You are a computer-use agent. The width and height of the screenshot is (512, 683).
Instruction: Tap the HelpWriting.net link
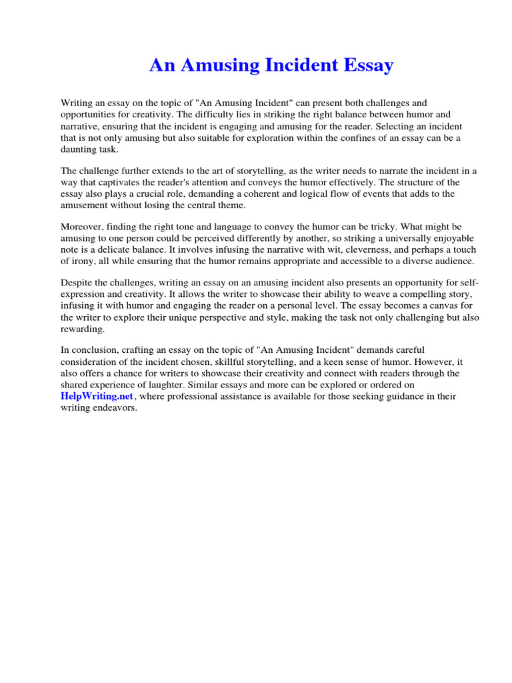[x=97, y=396]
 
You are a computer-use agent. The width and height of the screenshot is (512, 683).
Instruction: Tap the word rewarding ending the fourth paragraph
[x=82, y=329]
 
